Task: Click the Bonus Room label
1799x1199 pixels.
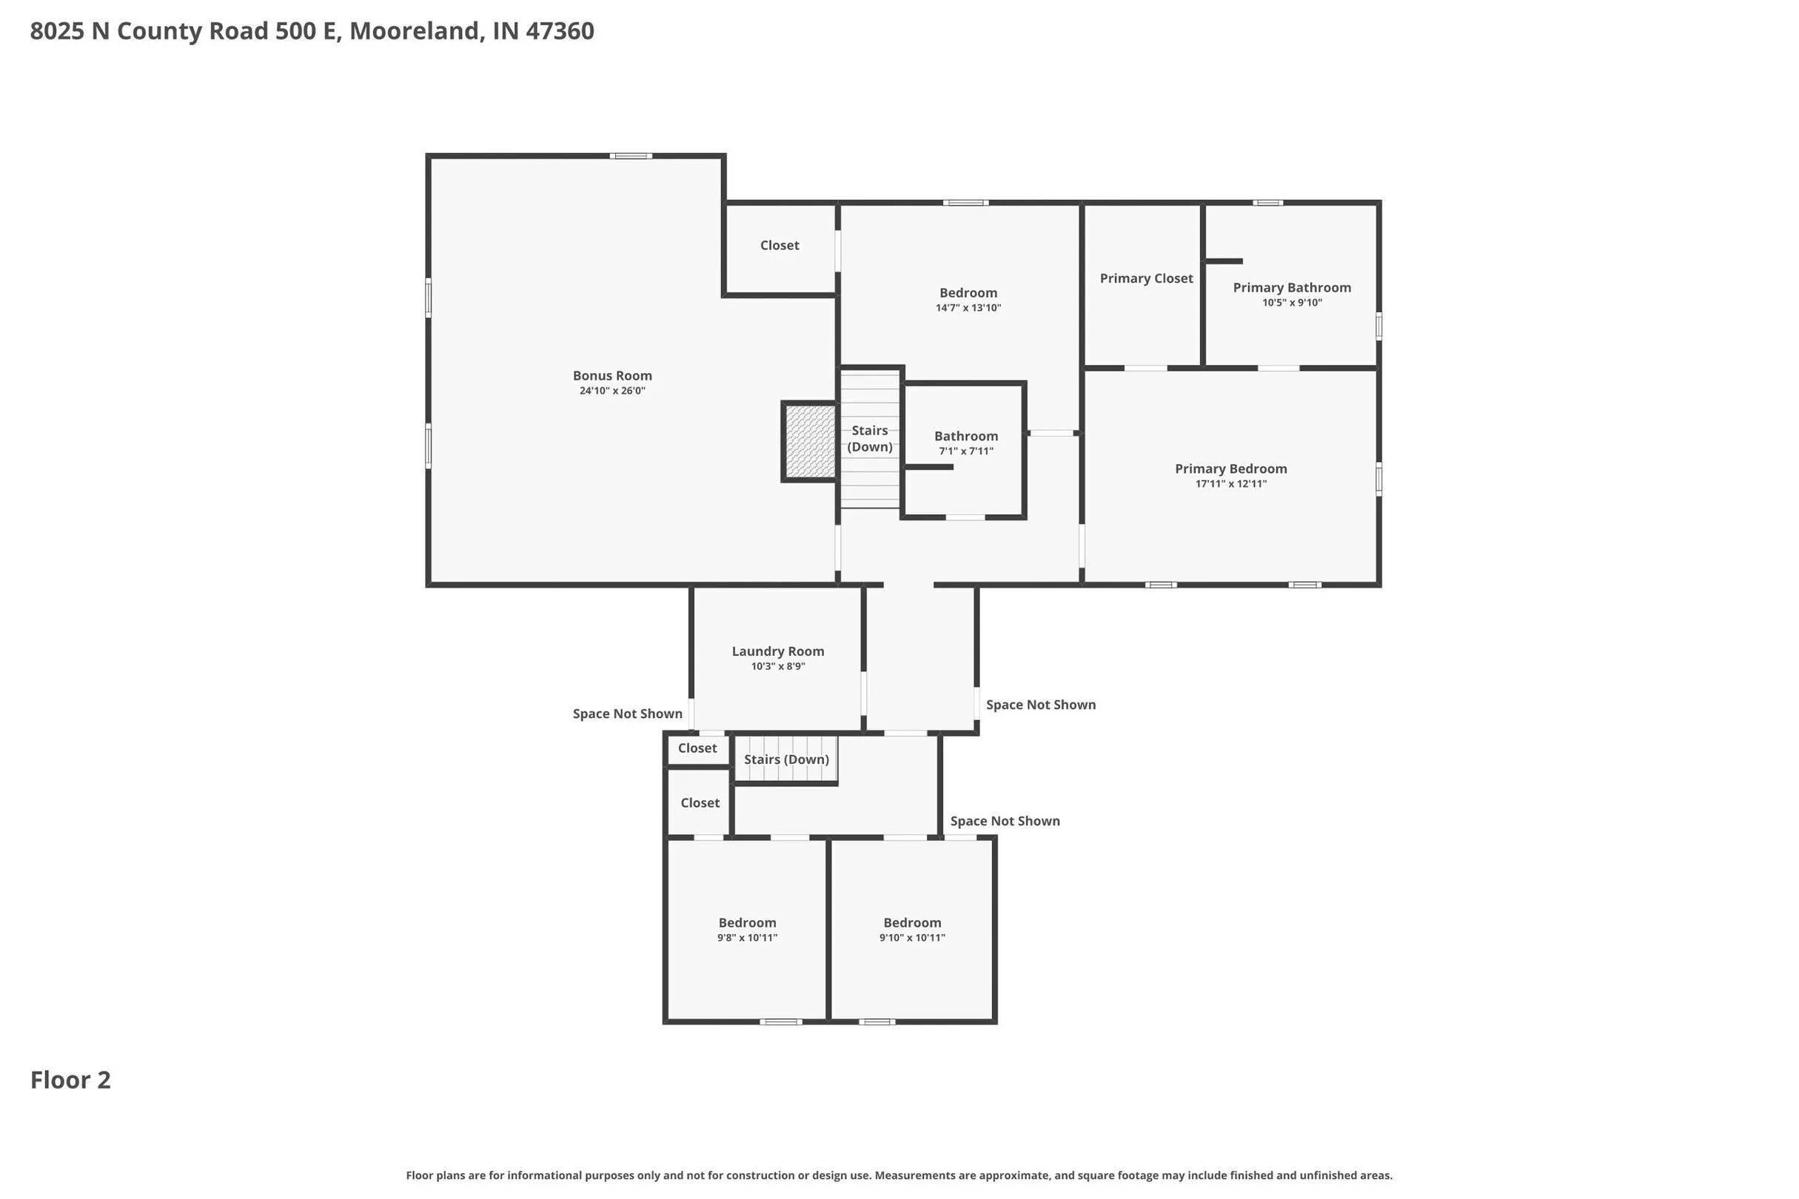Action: click(612, 375)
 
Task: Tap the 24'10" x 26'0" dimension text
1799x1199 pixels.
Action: click(612, 391)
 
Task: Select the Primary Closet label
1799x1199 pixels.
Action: click(1146, 278)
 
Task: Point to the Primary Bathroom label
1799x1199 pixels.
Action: click(1292, 287)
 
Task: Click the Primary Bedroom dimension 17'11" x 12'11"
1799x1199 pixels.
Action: click(1230, 484)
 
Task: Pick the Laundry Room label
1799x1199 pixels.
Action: click(778, 651)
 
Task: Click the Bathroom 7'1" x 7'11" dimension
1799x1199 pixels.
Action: click(966, 451)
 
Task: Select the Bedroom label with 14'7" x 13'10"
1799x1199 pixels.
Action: click(968, 293)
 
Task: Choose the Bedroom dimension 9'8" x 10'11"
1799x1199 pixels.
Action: click(747, 938)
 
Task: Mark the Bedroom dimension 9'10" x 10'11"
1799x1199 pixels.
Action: click(912, 938)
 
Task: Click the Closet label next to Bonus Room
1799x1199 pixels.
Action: click(780, 246)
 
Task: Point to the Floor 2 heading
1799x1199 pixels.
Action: click(70, 1080)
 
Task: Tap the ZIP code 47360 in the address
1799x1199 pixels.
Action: click(560, 30)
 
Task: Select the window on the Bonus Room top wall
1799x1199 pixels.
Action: click(631, 156)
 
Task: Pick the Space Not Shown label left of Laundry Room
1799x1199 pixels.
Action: click(627, 713)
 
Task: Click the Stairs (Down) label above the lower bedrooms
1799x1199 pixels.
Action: click(786, 759)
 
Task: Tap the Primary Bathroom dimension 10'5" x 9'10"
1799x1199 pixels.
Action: click(1292, 303)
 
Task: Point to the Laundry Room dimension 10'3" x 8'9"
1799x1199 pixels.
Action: click(778, 667)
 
